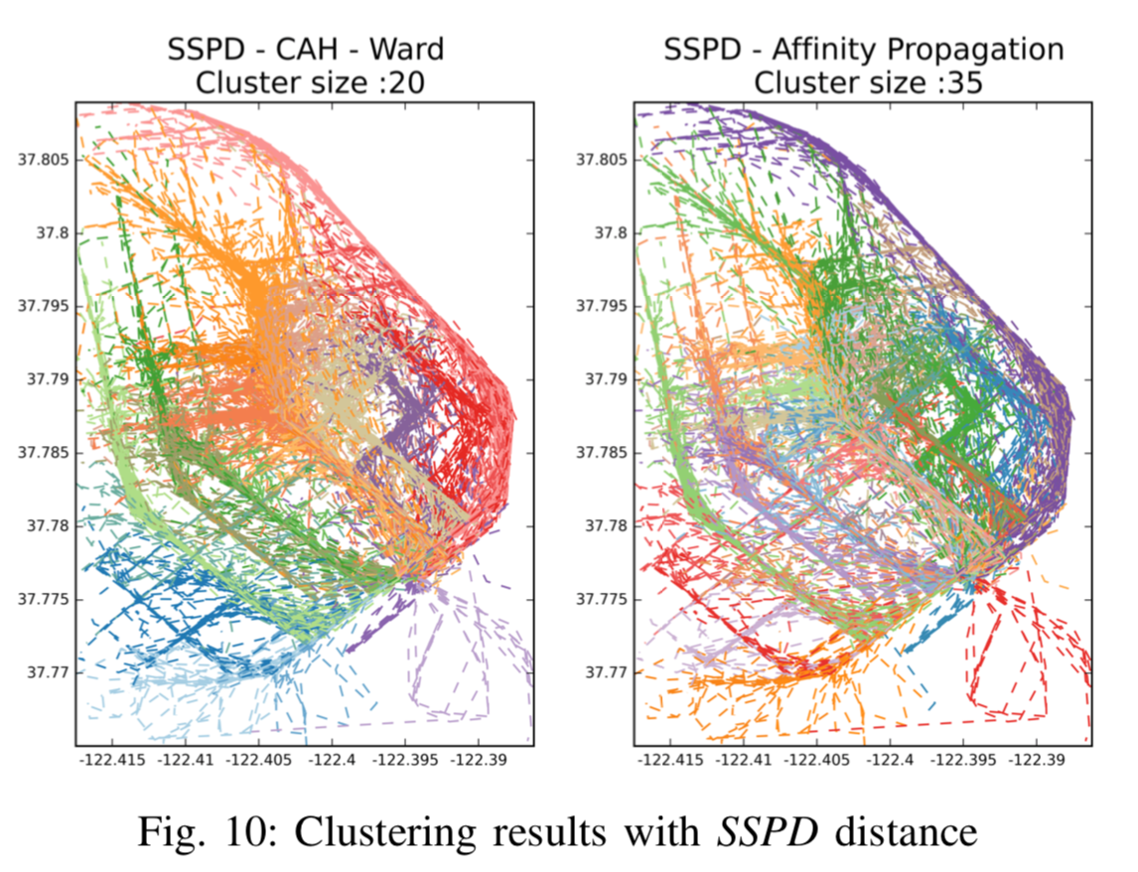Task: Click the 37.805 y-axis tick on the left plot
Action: [46, 160]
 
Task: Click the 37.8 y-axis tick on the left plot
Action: [54, 233]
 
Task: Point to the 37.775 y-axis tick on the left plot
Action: [46, 599]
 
